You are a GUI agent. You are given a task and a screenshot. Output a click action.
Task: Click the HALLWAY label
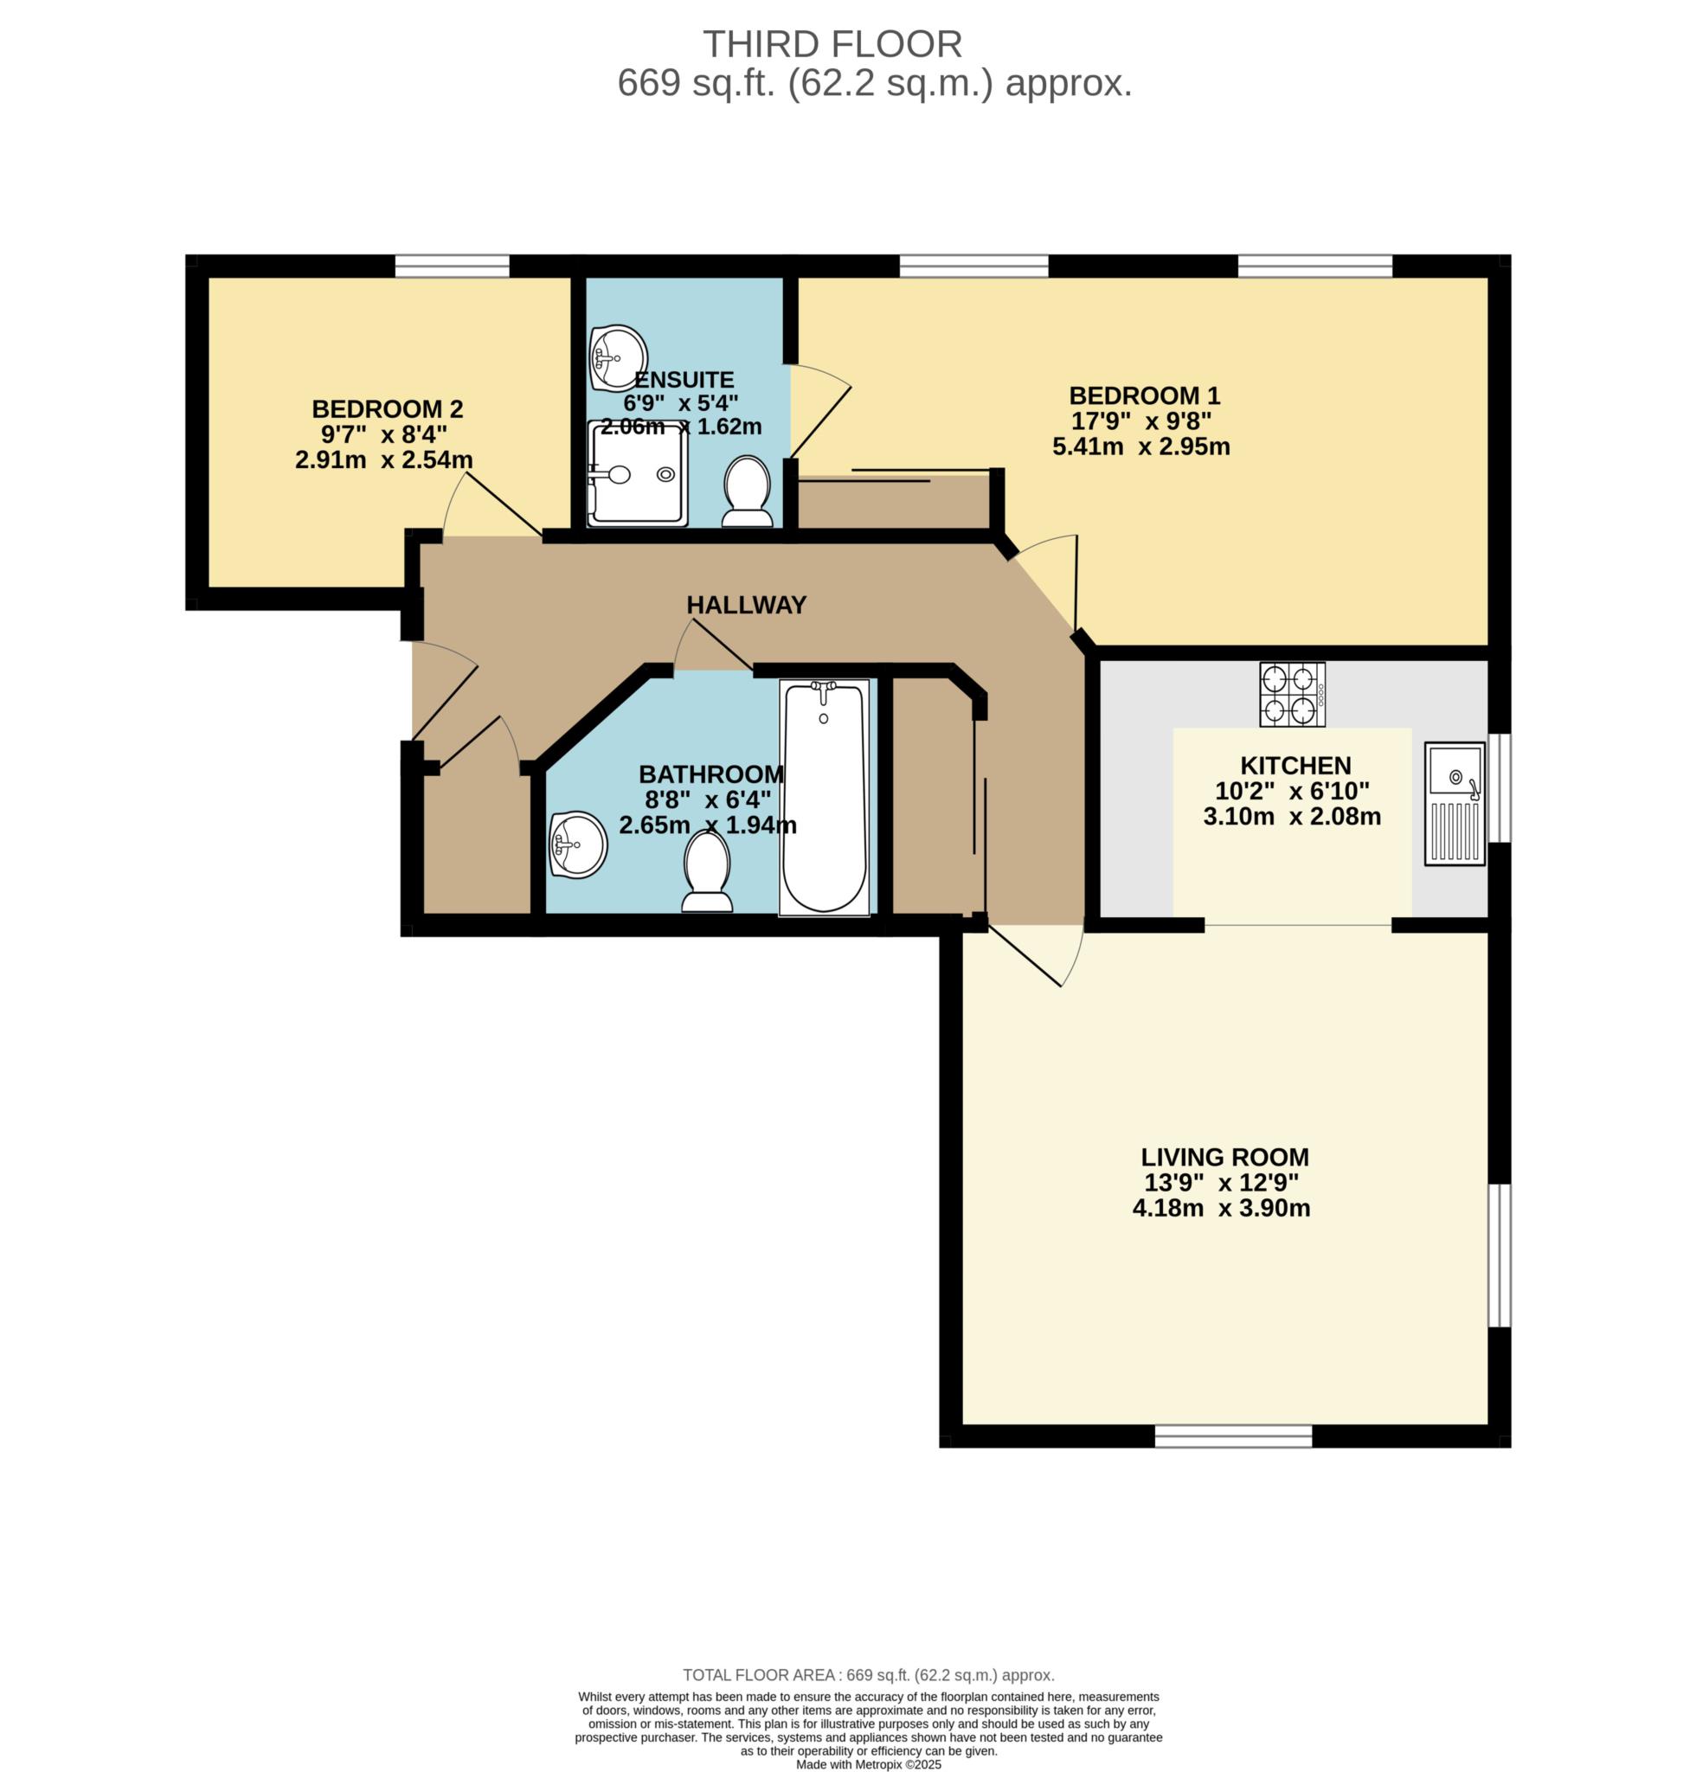(x=746, y=605)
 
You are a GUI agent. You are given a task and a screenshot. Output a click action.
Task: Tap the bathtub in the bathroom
(x=824, y=798)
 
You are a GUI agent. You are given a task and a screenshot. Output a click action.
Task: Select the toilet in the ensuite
(x=747, y=491)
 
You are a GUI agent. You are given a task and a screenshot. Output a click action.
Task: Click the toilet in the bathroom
(x=707, y=871)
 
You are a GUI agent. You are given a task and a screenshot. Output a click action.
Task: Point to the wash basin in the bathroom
(x=578, y=844)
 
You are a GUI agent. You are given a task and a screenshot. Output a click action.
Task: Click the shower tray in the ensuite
(x=638, y=472)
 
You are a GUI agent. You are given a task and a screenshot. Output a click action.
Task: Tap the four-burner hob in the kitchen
(x=1293, y=694)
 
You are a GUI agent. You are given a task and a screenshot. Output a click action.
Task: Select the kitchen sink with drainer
(x=1455, y=804)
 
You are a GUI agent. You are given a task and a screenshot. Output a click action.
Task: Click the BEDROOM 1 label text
(x=1145, y=395)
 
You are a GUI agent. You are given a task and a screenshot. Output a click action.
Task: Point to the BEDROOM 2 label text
(x=387, y=408)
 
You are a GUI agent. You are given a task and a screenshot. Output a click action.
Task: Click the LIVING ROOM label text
(x=1225, y=1156)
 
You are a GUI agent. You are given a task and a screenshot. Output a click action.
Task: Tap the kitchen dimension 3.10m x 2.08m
(x=1292, y=817)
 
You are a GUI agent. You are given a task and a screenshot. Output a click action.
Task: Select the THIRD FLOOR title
(x=832, y=44)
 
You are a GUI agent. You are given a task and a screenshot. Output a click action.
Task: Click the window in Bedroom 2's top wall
(x=452, y=266)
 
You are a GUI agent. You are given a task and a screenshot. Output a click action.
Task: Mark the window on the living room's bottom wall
(x=1233, y=1435)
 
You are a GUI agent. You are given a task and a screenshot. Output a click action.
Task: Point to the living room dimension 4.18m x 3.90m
(x=1221, y=1208)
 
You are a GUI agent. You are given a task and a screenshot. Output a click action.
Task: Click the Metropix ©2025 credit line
(x=869, y=1764)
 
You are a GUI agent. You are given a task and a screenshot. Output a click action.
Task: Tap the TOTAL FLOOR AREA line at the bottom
(x=869, y=1675)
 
